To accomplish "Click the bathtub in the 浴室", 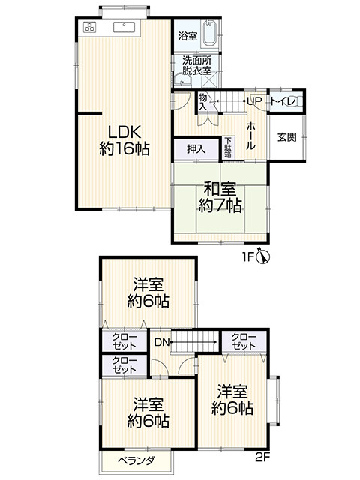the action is (x=209, y=33).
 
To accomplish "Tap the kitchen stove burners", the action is (x=90, y=27).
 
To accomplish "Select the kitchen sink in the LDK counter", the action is (x=124, y=27).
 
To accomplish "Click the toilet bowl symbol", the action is (x=294, y=101).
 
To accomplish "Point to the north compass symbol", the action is (x=263, y=256).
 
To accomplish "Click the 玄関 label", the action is (x=286, y=137).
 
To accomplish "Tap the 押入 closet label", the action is (x=196, y=149).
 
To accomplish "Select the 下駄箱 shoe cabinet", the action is (x=228, y=148).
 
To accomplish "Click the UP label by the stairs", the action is (x=254, y=100).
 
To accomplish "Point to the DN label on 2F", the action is (x=162, y=342).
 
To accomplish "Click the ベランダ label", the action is (x=136, y=460).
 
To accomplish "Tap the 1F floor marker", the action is (x=248, y=257).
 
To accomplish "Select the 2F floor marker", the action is (x=262, y=457).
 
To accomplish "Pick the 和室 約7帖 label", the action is (x=220, y=196).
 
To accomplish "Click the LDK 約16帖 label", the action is (x=124, y=140).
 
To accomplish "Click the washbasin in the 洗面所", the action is (x=183, y=79).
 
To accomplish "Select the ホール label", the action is (x=250, y=136).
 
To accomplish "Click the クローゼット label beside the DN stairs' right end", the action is (x=244, y=341).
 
